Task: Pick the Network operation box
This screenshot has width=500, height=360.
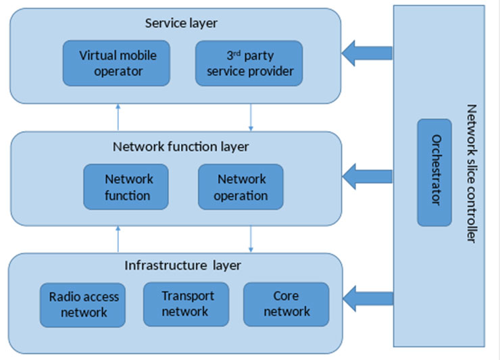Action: point(241,186)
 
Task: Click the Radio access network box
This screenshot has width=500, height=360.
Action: point(84,304)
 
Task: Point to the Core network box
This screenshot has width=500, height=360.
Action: point(286,304)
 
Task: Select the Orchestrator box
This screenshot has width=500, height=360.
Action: point(434,172)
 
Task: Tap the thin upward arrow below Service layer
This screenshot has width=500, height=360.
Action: point(118,117)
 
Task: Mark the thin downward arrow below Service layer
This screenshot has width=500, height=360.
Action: point(251,117)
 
